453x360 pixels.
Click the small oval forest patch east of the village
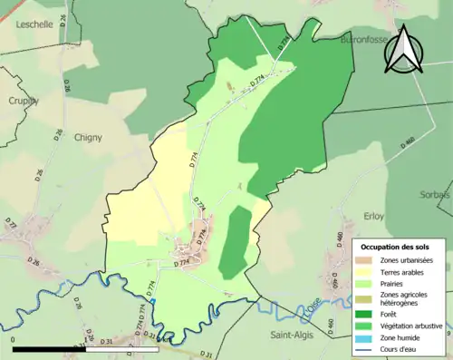click(236, 241)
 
